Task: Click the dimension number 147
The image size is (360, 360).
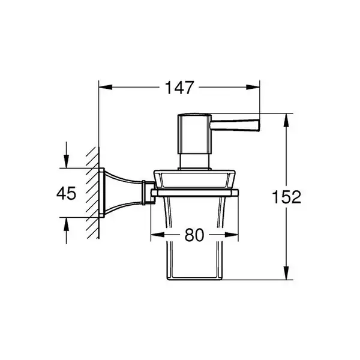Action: tap(179, 88)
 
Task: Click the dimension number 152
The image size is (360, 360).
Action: tap(286, 197)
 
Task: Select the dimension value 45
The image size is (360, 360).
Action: tap(66, 193)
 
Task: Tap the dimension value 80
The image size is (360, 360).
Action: tap(194, 235)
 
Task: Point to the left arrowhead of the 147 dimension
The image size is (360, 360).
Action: tap(106, 87)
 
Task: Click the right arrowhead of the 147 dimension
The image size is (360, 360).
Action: tap(253, 87)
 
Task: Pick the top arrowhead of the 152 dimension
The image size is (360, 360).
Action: tap(286, 120)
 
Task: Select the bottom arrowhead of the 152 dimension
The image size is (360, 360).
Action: tap(286, 273)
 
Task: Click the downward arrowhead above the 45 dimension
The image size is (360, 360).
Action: tap(67, 161)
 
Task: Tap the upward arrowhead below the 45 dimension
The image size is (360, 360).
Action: tap(67, 224)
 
